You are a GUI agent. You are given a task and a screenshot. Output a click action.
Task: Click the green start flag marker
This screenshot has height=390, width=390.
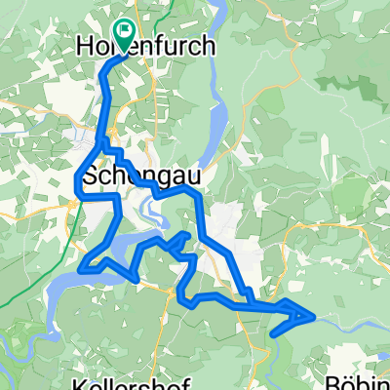click(x=124, y=32)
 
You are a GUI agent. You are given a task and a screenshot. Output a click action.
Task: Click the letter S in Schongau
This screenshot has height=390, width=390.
click(x=93, y=177)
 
